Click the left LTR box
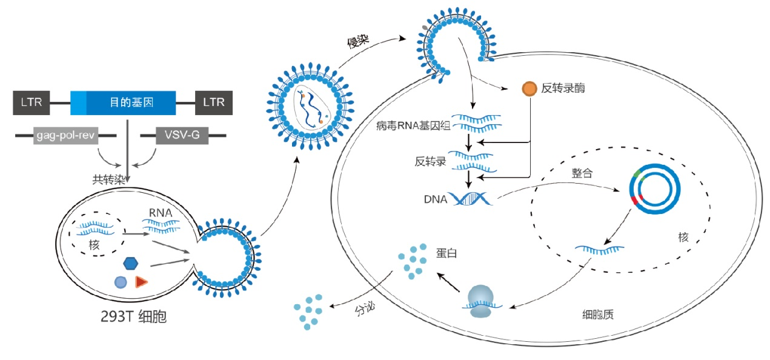point(32,103)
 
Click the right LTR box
point(213,103)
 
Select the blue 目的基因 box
point(123,103)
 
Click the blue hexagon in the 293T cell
point(130,263)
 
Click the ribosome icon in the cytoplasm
point(482,301)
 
